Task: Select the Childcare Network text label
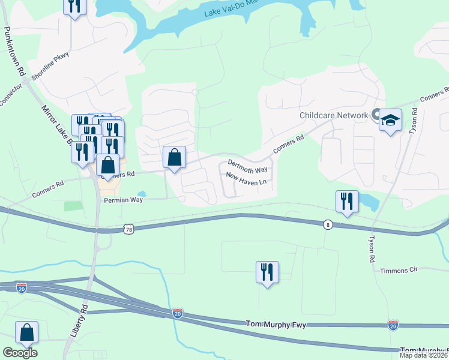pos(333,115)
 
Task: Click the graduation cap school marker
pos(390,121)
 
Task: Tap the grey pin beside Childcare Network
pos(376,114)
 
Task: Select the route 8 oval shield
pos(327,225)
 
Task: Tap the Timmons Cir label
pos(399,271)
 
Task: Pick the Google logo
pos(20,353)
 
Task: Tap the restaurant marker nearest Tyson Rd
pos(347,202)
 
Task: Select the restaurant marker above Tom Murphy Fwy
pos(267,273)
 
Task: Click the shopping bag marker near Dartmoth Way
pos(174,158)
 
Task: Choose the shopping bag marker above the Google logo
pos(26,333)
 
